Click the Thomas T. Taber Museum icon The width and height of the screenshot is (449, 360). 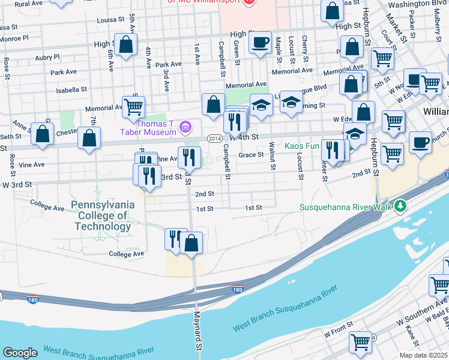coord(186,126)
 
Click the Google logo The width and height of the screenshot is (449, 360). coord(20,353)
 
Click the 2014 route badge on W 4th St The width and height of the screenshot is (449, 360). coord(214,137)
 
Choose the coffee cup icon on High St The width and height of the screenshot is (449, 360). coord(259,43)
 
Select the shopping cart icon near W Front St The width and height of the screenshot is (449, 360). coord(360,341)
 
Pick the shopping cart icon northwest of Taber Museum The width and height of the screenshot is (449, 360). coord(133,107)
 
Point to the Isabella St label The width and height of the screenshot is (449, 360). coord(72,89)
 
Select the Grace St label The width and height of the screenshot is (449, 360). coord(251,155)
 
